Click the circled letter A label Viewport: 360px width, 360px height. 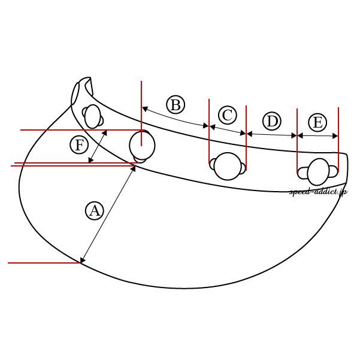click(x=95, y=211)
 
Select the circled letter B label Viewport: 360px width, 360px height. click(x=176, y=105)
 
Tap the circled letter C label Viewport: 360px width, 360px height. click(x=228, y=115)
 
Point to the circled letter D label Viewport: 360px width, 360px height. click(x=272, y=121)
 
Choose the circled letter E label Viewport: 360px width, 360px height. click(x=317, y=122)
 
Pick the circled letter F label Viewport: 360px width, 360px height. click(x=79, y=145)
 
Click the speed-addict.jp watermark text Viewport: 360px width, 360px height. click(x=319, y=192)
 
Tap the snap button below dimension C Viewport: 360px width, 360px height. click(x=228, y=166)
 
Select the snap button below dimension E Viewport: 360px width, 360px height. click(x=318, y=172)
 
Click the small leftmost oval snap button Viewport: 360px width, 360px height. click(x=92, y=116)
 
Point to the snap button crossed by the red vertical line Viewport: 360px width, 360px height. click(x=142, y=147)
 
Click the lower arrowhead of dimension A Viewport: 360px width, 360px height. click(x=82, y=260)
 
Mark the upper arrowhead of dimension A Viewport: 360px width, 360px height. click(x=134, y=169)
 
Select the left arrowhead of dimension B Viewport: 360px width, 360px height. click(x=145, y=109)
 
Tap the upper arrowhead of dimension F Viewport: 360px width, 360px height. click(x=105, y=133)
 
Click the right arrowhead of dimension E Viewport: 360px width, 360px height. click(x=335, y=136)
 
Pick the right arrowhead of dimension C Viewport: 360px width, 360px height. click(x=243, y=133)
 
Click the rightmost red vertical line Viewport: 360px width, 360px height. click(x=338, y=140)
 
